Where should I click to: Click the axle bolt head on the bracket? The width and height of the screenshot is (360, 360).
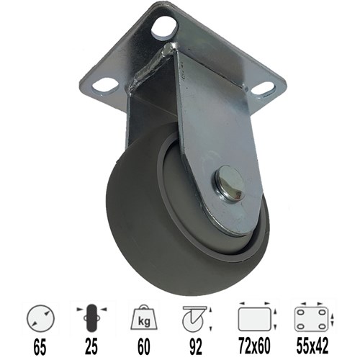pos(229,183)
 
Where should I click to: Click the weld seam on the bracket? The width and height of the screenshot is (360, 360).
pos(153,63)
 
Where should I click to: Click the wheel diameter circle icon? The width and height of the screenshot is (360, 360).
pos(40,319)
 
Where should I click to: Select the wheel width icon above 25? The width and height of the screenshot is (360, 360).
pos(91,319)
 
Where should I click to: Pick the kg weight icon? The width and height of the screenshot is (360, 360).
pos(144,318)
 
